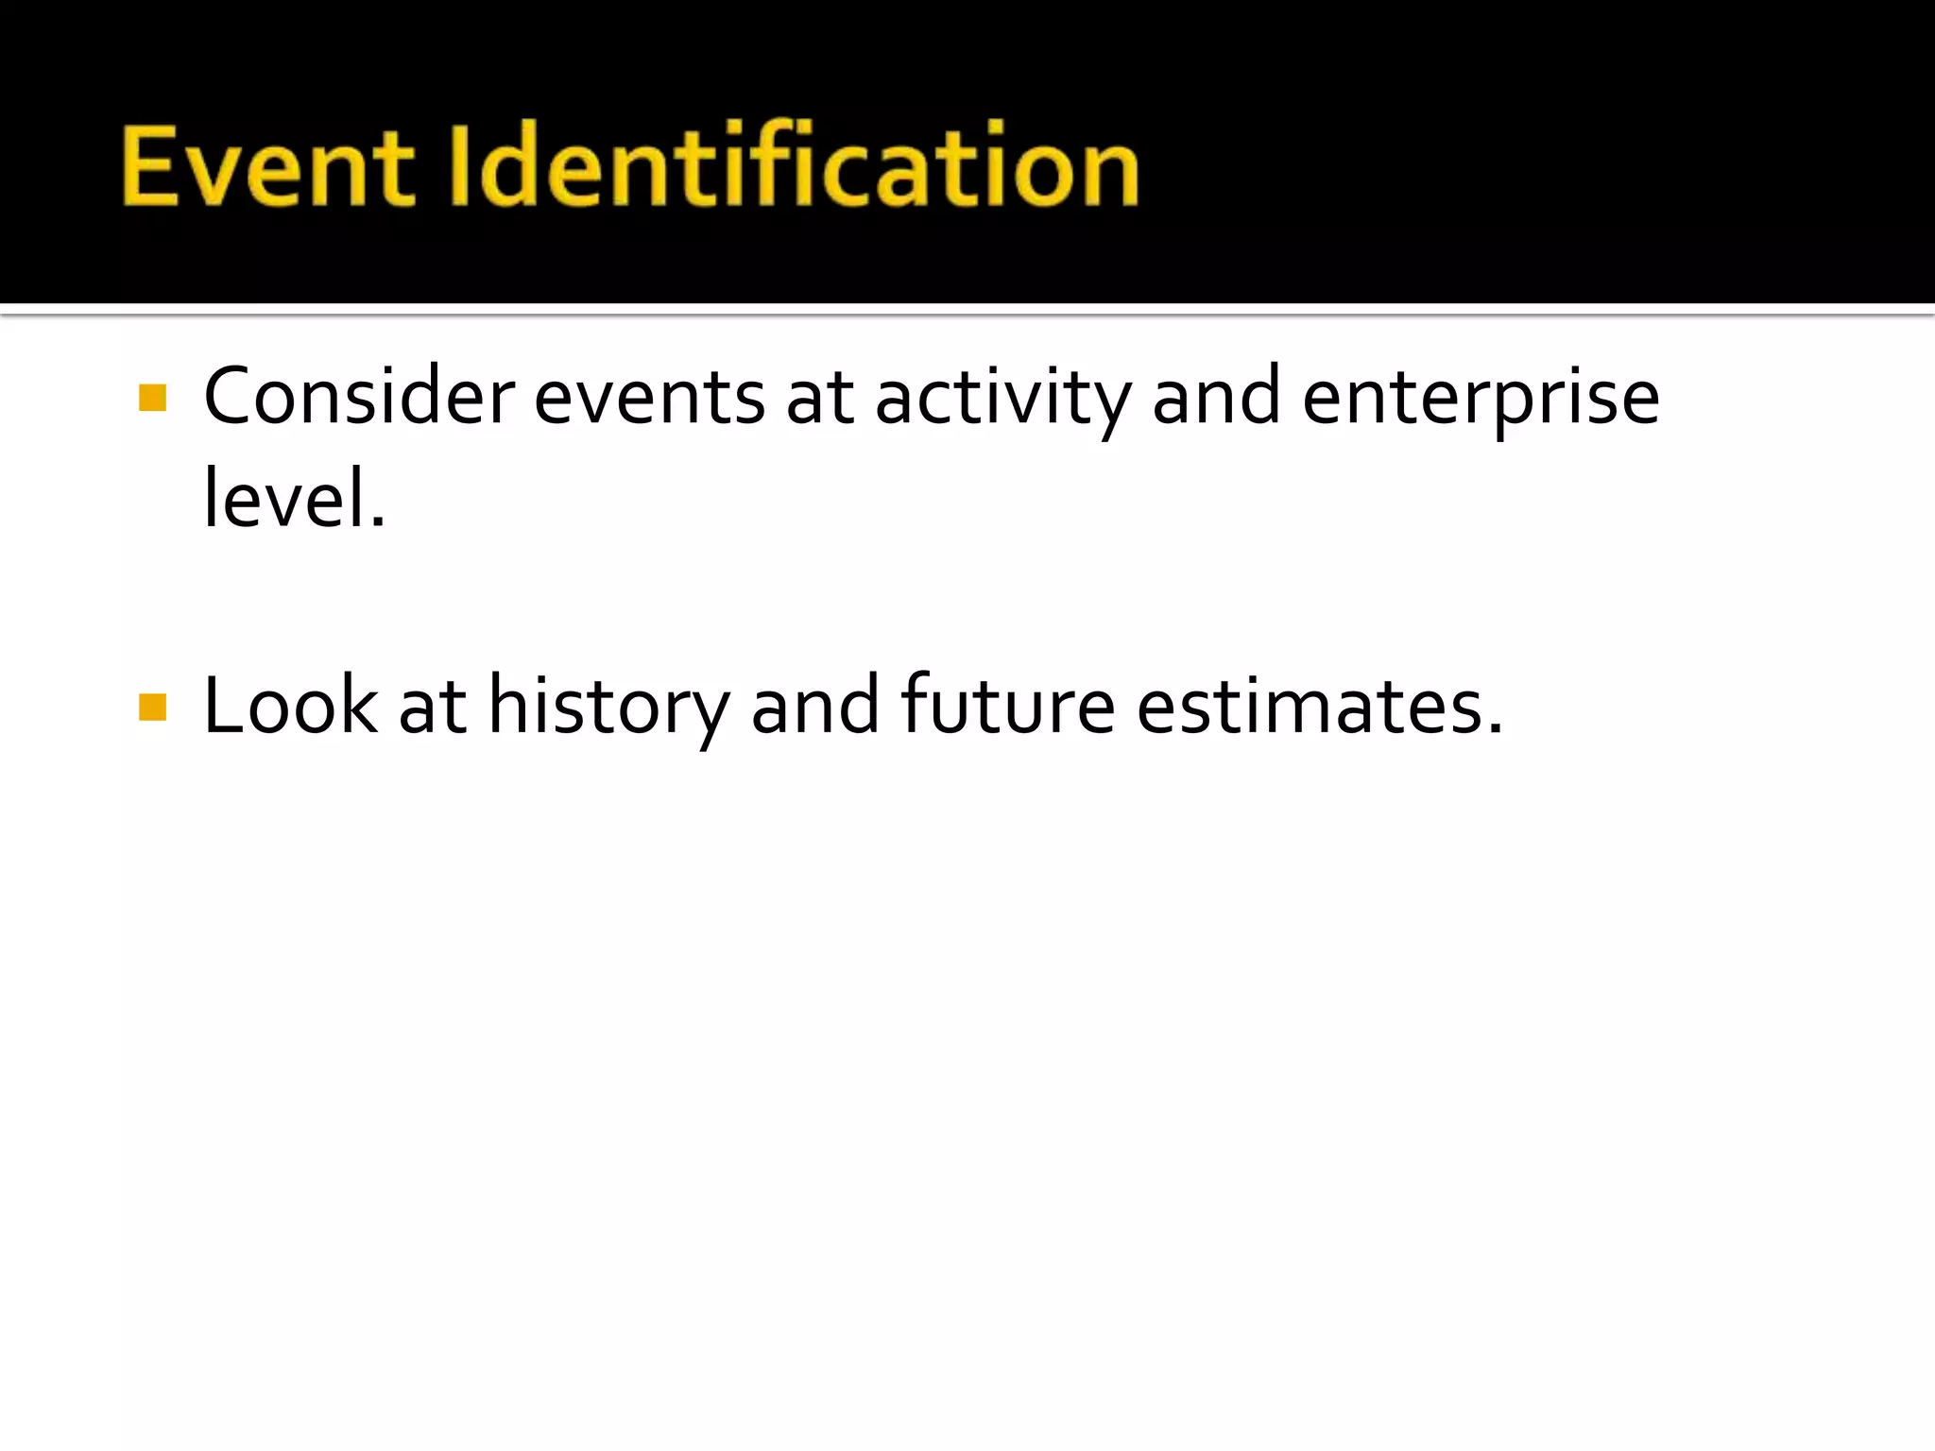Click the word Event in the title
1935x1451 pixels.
pos(267,168)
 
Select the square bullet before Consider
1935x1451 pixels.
pos(152,398)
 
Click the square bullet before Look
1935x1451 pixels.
pos(152,708)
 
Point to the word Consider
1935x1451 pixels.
pos(359,398)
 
